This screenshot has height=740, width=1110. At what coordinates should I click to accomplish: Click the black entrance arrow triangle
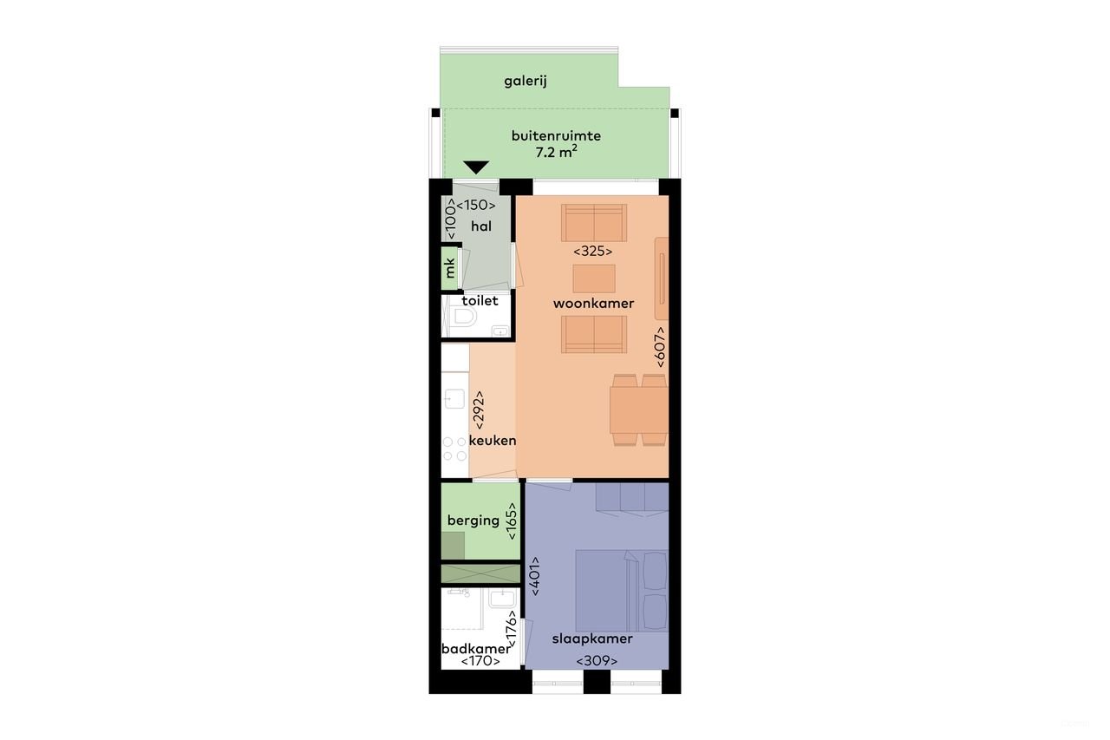pos(476,167)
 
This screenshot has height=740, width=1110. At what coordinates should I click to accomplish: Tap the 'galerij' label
pos(526,82)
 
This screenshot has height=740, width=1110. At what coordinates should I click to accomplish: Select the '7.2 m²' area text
pos(556,153)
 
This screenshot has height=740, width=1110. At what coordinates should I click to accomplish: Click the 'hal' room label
pos(481,226)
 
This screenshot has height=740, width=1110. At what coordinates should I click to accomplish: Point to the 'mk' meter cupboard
pos(450,268)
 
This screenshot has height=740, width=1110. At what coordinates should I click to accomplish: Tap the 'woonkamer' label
pos(593,304)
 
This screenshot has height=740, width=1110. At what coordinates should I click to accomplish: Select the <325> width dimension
pos(593,252)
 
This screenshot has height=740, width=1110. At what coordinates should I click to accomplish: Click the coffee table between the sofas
pos(594,278)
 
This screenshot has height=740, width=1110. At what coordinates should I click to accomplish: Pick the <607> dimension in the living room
pos(660,346)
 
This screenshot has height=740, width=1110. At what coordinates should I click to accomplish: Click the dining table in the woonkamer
pos(639,409)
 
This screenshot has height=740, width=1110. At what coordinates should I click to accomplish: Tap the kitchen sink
pos(454,400)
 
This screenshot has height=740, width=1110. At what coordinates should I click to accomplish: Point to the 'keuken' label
pos(493,441)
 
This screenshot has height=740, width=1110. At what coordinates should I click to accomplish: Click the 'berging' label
pos(473,521)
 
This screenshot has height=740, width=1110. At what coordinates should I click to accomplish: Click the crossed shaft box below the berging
pos(480,573)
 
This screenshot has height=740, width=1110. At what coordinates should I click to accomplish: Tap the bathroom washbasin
pos(500,599)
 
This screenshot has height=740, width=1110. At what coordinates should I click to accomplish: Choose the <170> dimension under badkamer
pos(480,661)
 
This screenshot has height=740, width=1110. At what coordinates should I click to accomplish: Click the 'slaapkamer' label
pos(592,639)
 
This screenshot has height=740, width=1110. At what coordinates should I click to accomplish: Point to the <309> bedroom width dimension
pos(597,661)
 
